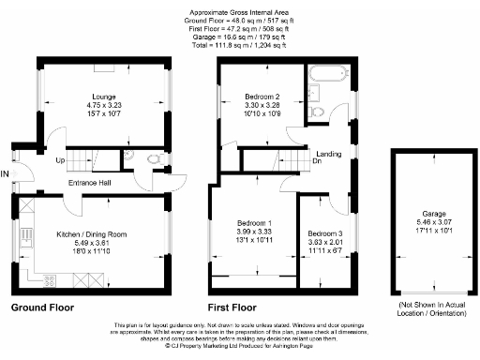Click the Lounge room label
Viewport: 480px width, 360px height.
103,96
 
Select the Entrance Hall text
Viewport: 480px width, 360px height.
90,182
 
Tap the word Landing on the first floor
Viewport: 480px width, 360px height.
328,153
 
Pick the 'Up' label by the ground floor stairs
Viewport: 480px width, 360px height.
61,160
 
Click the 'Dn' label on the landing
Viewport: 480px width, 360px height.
318,160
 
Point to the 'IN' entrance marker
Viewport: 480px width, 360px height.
5,174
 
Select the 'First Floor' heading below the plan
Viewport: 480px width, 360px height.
232,307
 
